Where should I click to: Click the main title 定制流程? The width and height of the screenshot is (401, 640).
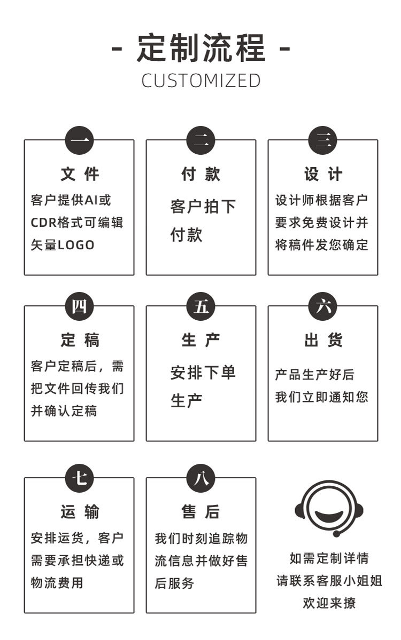201,48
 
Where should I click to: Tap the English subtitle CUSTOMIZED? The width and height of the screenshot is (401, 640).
201,81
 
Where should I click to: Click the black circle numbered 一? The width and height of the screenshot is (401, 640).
79,140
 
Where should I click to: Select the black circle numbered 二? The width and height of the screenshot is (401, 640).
201,140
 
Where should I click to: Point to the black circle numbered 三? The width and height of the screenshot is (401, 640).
323,140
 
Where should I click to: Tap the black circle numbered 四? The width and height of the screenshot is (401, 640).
79,306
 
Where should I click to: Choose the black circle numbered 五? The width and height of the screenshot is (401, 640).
201,306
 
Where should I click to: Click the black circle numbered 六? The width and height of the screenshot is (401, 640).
323,306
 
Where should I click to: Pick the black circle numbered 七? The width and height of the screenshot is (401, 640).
79,478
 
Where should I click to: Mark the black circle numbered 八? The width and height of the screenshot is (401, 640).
201,478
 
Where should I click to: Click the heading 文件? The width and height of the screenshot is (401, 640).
79,174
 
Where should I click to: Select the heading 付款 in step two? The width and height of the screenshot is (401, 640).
201,174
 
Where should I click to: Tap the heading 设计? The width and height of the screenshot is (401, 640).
323,174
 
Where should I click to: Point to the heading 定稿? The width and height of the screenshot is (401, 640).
79,340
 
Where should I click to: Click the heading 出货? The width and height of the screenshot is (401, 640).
323,340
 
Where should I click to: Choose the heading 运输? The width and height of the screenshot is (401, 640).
79,512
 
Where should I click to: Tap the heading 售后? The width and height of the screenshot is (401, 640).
201,512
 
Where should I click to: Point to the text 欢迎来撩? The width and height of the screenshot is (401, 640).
329,603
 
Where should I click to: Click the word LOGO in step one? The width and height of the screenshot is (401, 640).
76,245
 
